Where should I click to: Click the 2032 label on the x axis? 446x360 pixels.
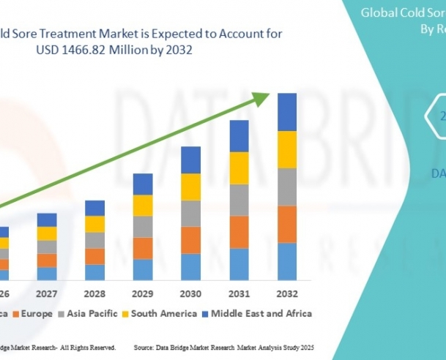[286, 295]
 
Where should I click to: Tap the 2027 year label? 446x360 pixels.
[47, 295]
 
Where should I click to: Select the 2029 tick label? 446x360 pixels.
[143, 295]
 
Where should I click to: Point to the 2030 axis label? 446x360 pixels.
[190, 295]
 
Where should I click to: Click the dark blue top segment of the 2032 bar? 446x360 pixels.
[286, 112]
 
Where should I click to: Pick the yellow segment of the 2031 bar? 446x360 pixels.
[239, 168]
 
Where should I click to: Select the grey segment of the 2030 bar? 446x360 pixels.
[190, 213]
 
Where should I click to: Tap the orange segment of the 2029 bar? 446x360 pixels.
[143, 248]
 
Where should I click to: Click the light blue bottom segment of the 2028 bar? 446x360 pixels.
[94, 272]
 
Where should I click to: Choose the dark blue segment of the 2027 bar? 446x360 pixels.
[47, 220]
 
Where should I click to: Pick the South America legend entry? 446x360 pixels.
[163, 313]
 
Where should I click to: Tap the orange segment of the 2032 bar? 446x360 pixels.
[286, 224]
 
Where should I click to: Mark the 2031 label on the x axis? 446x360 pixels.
[239, 295]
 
